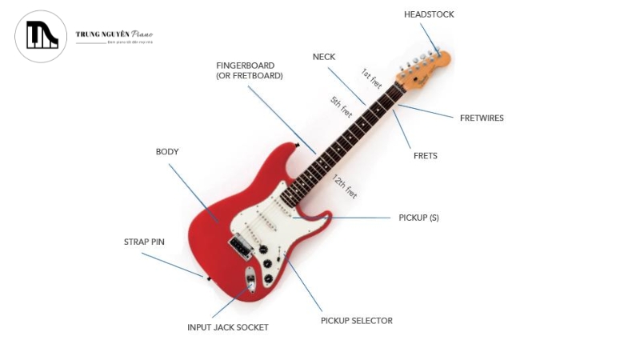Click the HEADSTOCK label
(x=429, y=14)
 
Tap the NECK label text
(x=324, y=57)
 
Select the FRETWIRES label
(x=482, y=118)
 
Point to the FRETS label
(x=425, y=155)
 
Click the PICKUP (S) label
(x=418, y=218)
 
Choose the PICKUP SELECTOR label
(x=356, y=321)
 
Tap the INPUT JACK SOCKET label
(x=228, y=327)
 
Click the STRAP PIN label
(x=144, y=241)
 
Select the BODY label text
(x=167, y=151)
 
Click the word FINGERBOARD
(x=245, y=65)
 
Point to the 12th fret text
(x=346, y=186)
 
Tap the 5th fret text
(x=342, y=106)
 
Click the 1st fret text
(x=371, y=78)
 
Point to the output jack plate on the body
(x=250, y=281)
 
